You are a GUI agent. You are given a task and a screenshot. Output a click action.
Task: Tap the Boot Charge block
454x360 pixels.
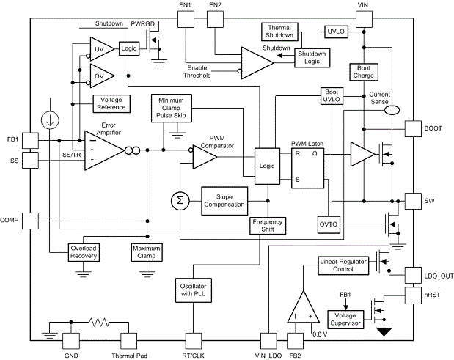[x=363, y=71]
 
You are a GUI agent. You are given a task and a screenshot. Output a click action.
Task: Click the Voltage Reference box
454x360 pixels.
[x=110, y=103]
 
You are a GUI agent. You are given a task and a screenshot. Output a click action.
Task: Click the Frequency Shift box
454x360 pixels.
[x=268, y=225]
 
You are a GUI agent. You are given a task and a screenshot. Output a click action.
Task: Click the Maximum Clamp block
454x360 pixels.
[x=147, y=252]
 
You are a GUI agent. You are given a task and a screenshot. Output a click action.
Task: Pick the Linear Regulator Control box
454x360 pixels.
[x=343, y=265]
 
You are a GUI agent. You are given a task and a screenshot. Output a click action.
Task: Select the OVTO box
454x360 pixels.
[x=328, y=223]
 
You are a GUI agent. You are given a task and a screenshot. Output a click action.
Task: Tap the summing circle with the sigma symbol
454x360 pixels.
[x=179, y=199]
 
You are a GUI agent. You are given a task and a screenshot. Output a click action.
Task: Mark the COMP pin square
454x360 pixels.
[x=30, y=221]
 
